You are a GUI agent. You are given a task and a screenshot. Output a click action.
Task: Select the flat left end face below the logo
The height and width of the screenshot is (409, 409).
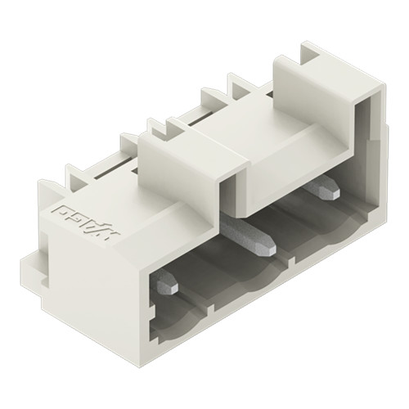[x=90, y=278]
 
